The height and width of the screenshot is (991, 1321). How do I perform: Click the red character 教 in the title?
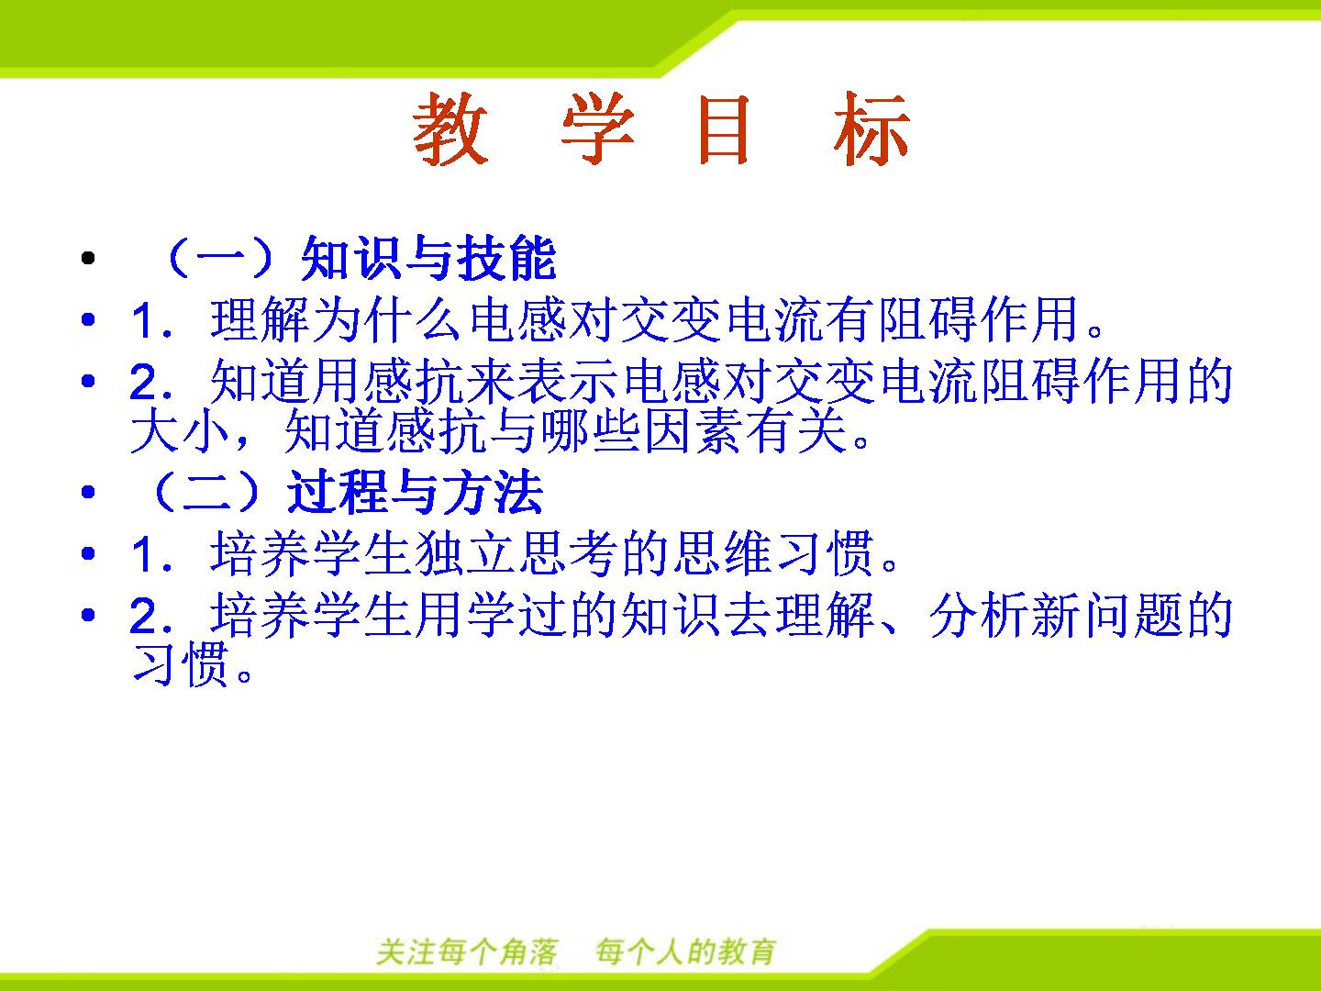coord(450,128)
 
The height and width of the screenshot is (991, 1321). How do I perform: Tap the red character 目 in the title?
coord(724,128)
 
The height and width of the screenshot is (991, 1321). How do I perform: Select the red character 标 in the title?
coord(871,128)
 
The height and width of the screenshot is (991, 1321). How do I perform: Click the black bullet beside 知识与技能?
coord(88,258)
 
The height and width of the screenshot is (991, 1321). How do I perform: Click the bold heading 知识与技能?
coord(428,258)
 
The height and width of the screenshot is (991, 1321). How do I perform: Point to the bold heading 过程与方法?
coord(415,492)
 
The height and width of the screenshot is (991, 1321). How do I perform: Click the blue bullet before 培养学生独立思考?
coord(88,552)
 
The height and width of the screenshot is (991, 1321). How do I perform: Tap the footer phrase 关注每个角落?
coord(467,952)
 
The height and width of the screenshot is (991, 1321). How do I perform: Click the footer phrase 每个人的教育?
coord(685,952)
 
